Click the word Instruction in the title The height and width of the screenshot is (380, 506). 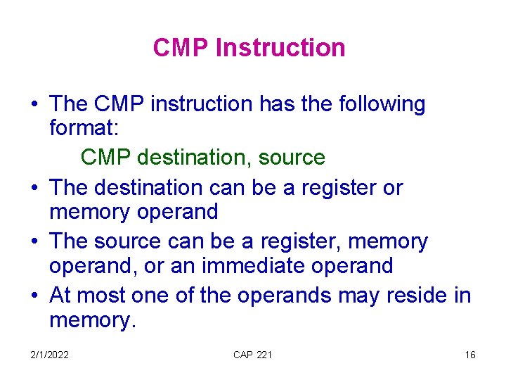pos(280,48)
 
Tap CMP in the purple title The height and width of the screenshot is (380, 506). pos(182,48)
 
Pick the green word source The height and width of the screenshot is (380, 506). pos(291,157)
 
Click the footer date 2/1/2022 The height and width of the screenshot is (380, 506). pos(48,355)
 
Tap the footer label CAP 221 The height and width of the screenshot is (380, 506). pos(252,355)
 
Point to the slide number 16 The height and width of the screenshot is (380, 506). pos(470,355)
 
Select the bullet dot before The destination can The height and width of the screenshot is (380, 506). pos(34,189)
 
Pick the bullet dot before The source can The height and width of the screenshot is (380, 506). pos(34,242)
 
